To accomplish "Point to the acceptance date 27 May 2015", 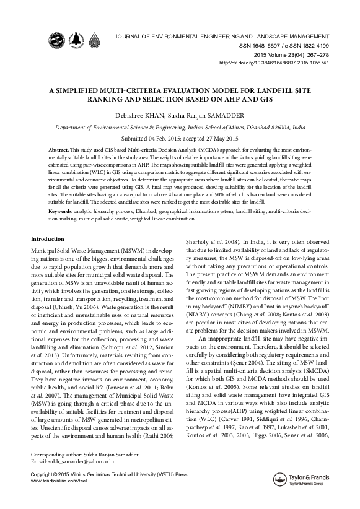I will click(213, 137).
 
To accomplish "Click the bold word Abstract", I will click(59, 150).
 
